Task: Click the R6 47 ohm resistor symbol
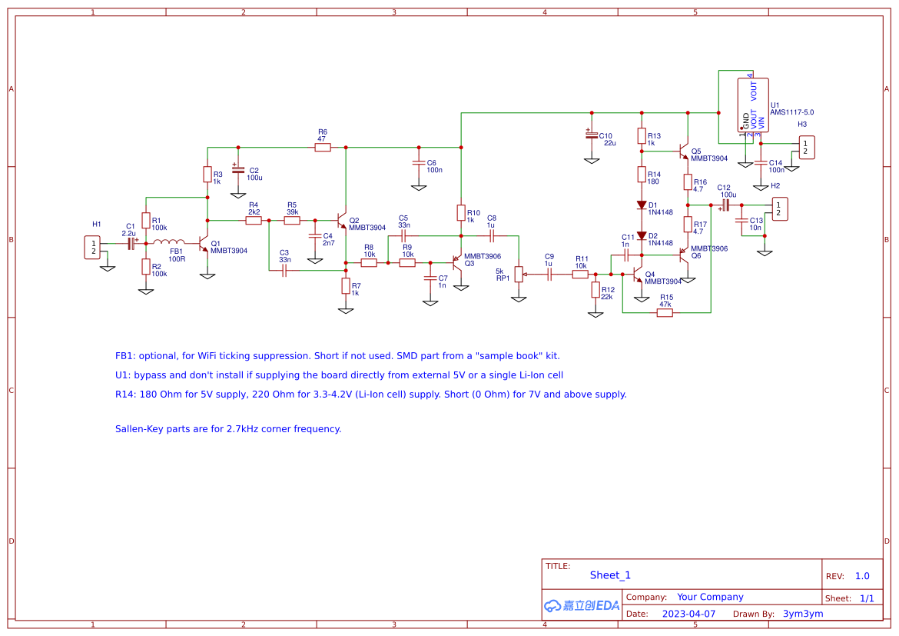[x=323, y=147]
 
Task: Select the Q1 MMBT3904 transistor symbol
[x=204, y=244]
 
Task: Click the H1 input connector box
[x=92, y=248]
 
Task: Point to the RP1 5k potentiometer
[x=519, y=274]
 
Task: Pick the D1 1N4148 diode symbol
[x=642, y=205]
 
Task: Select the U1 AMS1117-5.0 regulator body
[x=753, y=104]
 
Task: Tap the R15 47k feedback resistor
[x=665, y=312]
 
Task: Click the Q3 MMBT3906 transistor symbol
[x=458, y=262]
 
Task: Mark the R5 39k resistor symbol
[x=292, y=221]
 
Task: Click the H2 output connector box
[x=780, y=209]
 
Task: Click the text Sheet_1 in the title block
[x=610, y=575]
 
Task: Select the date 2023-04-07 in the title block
[x=688, y=614]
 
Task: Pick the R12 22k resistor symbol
[x=595, y=289]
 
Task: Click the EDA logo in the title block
[x=582, y=605]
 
